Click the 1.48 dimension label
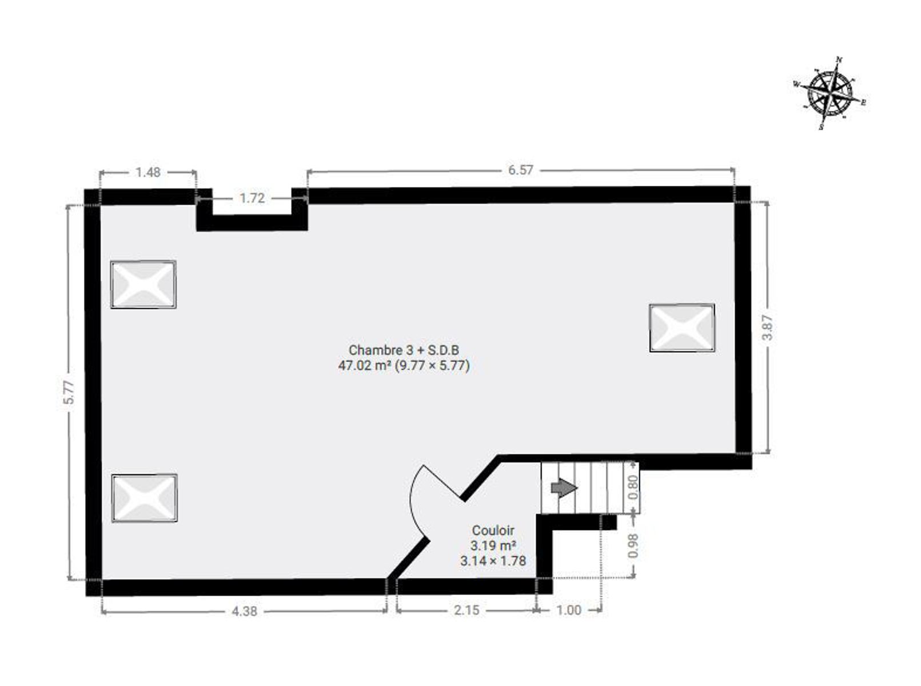[x=148, y=172]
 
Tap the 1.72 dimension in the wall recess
[x=252, y=198]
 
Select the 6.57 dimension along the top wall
[x=521, y=170]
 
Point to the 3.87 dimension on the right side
[x=768, y=328]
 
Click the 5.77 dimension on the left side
[x=69, y=392]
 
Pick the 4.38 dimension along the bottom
[x=245, y=611]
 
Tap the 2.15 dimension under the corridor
[x=467, y=610]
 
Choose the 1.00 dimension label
[x=569, y=610]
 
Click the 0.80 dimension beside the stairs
[x=633, y=488]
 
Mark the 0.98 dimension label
[x=633, y=545]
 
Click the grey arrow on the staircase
[x=564, y=488]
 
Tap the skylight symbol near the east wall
[x=682, y=328]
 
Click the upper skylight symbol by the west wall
[x=143, y=285]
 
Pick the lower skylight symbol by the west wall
[x=145, y=498]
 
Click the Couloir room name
[x=493, y=531]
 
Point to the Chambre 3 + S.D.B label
[x=404, y=350]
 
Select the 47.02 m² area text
[x=365, y=366]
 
